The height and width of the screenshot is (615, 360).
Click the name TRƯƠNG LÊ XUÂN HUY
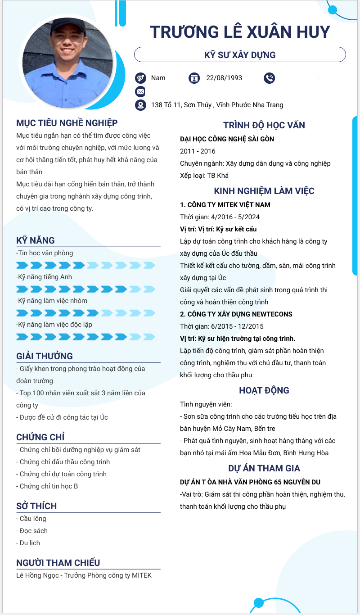(240, 32)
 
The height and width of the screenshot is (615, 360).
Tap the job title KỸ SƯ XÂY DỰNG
(240, 55)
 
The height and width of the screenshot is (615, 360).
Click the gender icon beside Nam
(140, 78)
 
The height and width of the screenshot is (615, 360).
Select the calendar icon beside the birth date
(194, 78)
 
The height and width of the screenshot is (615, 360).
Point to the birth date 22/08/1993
(224, 78)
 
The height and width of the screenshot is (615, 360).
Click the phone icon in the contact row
(269, 78)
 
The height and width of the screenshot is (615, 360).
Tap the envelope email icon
(140, 92)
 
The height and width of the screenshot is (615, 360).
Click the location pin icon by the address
(140, 105)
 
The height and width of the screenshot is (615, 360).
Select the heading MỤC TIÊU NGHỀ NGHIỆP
(67, 123)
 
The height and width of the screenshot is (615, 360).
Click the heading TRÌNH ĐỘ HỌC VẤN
(264, 126)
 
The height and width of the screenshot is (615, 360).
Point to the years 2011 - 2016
(198, 151)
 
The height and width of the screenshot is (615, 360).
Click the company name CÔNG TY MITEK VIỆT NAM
(229, 205)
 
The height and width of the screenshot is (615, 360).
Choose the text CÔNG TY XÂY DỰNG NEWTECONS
(236, 314)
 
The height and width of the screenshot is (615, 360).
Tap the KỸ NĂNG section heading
(36, 240)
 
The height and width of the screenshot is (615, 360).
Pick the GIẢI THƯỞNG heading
(45, 356)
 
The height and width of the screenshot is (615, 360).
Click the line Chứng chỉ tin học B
(49, 486)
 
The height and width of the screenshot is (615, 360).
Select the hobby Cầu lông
(33, 519)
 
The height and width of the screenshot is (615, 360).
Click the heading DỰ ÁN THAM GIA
(264, 468)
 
